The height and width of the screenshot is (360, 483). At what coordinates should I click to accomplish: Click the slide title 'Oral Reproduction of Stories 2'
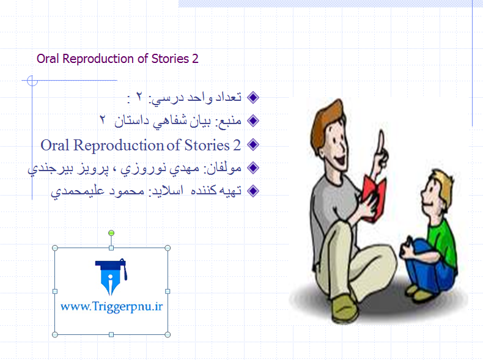coord(117,59)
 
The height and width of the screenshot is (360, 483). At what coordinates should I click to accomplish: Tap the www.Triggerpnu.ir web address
coord(111,306)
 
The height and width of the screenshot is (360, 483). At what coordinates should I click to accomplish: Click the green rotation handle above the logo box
coord(111,233)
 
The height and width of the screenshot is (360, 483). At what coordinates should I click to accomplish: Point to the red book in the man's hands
coord(374,197)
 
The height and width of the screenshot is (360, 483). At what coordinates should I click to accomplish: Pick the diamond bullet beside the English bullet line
coord(253,145)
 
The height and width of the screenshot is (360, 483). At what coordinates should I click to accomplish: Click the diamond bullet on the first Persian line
coord(253,98)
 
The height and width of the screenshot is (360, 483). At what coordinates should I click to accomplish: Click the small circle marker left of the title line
coord(32,81)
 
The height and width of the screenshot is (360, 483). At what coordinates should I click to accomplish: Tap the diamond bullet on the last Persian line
coord(253,191)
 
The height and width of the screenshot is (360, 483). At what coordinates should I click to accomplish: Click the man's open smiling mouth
coord(341,161)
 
